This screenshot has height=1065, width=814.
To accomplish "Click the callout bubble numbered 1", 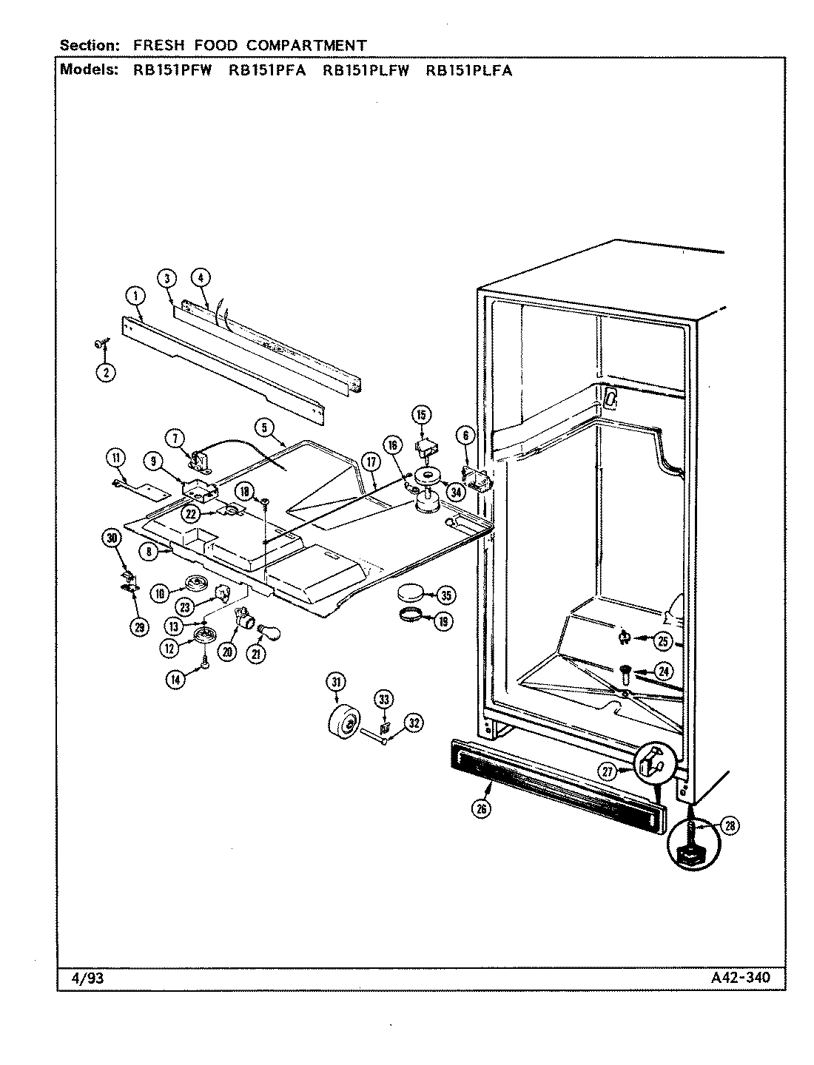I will pos(135,297).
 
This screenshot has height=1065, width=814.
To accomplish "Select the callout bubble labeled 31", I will pos(337,681).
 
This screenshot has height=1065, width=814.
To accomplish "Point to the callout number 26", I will pos(481,809).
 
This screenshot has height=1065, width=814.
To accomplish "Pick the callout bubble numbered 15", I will pos(420,416).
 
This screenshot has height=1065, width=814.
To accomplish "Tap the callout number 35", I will pos(445,595).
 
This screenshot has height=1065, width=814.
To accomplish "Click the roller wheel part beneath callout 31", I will pos(343,721).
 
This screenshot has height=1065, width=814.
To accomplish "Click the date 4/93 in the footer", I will pos(77,978).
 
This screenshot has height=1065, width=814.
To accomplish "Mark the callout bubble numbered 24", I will pos(664,672).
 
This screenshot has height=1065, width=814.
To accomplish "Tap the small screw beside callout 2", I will pos(99,342).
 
